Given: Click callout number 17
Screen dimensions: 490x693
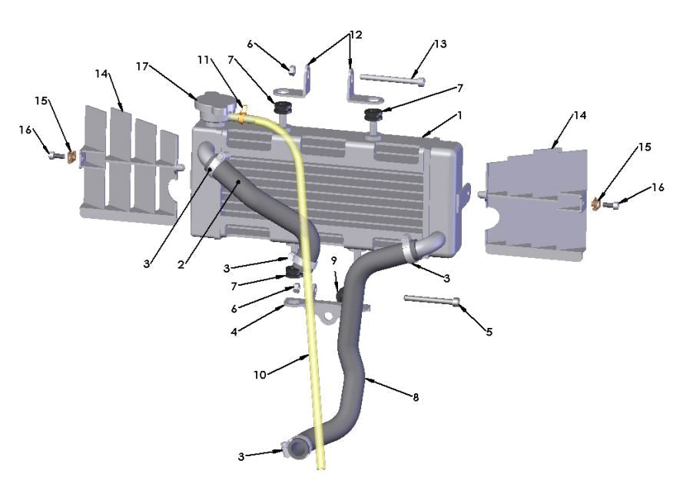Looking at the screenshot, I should tap(142, 66).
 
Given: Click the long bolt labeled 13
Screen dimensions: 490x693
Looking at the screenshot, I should tap(392, 78).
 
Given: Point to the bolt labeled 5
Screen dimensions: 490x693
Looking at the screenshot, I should tap(431, 300).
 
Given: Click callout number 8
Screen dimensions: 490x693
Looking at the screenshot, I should tap(416, 397).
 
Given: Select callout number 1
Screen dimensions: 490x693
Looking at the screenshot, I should tap(460, 115).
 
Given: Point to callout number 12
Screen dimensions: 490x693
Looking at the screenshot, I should tap(355, 35).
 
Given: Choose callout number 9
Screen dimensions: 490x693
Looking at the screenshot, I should tap(334, 260).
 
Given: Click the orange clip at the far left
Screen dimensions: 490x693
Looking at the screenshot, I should tap(71, 157).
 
